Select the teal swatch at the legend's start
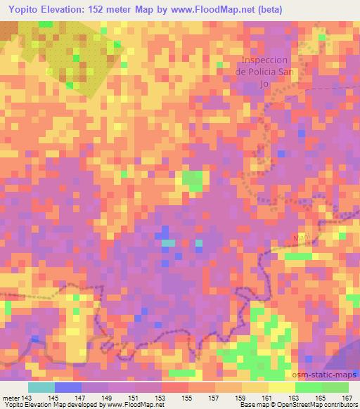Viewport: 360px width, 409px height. pos(41,387)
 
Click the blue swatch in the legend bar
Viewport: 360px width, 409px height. pos(68,387)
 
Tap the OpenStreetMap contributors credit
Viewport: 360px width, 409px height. pos(317,405)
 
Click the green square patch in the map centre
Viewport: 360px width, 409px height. pos(192,181)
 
